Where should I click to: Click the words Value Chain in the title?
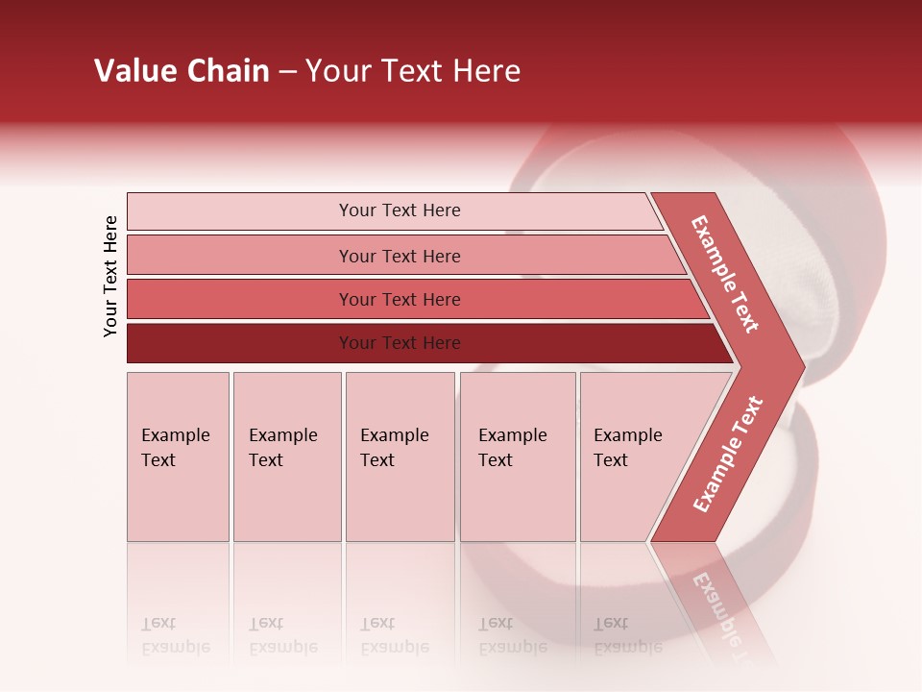(182, 71)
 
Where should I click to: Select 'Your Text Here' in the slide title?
(413, 71)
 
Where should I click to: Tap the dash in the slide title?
(287, 72)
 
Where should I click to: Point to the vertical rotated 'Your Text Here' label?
(110, 276)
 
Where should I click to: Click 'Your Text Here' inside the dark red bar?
(400, 343)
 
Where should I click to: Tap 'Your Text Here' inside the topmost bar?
(400, 210)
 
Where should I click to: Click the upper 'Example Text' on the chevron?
(725, 274)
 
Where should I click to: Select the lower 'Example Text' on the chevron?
(728, 455)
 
